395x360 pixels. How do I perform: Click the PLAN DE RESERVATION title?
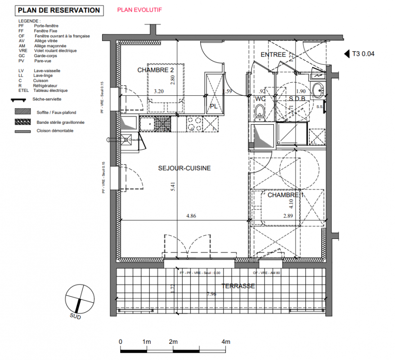[x=58, y=10]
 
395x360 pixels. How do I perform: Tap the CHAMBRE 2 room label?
[x=155, y=70]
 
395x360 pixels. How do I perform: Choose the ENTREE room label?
[x=273, y=54]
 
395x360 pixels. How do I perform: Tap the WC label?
[x=260, y=99]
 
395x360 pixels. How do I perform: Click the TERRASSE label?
[x=238, y=286]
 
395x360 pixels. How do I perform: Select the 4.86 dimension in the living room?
[x=191, y=216]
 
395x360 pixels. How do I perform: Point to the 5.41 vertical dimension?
[x=173, y=187]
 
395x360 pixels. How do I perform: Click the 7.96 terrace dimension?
[x=211, y=294]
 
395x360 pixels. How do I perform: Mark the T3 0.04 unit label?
[x=363, y=54]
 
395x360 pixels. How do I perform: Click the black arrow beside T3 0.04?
[x=347, y=54]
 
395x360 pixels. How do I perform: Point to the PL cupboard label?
[x=214, y=106]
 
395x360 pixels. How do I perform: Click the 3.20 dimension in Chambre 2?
[x=158, y=91]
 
